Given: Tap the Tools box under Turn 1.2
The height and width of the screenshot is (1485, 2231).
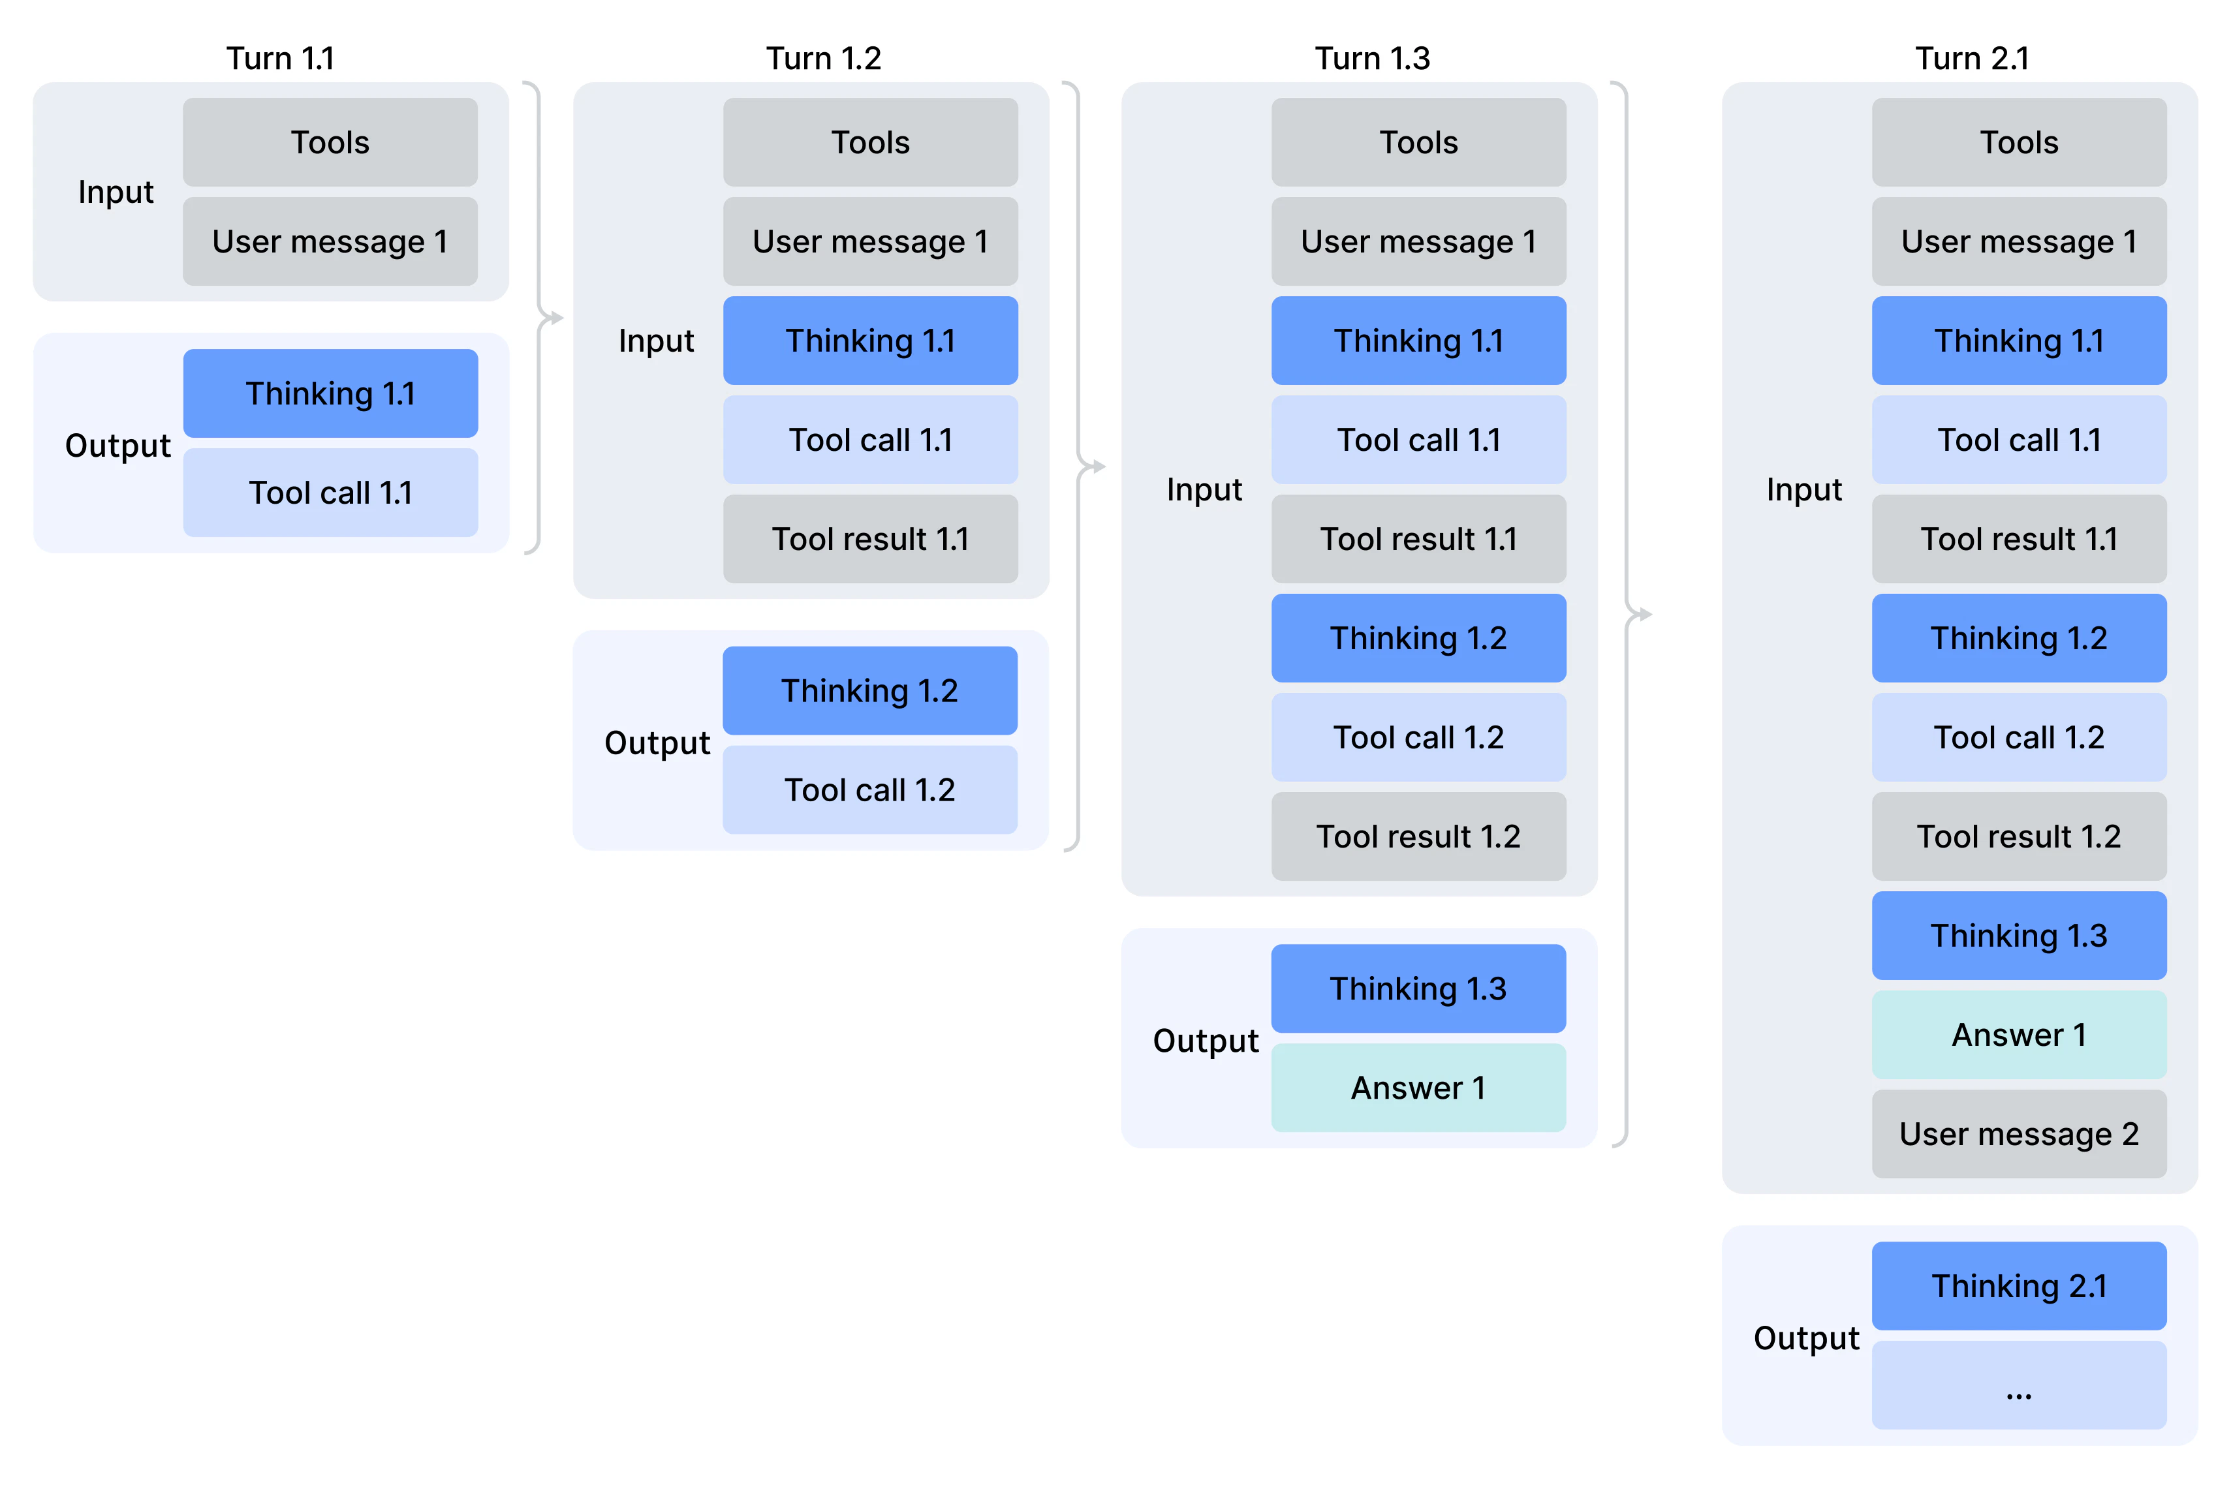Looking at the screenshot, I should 869,142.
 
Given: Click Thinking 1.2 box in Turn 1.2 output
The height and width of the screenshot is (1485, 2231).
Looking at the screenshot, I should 869,690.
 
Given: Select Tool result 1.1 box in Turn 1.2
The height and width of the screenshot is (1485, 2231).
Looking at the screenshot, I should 869,539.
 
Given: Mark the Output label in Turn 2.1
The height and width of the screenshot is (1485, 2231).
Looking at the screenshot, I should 1805,1338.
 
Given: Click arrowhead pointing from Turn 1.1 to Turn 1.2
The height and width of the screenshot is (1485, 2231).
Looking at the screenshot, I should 557,318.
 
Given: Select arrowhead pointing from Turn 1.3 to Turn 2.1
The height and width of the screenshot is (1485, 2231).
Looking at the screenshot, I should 1645,615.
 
